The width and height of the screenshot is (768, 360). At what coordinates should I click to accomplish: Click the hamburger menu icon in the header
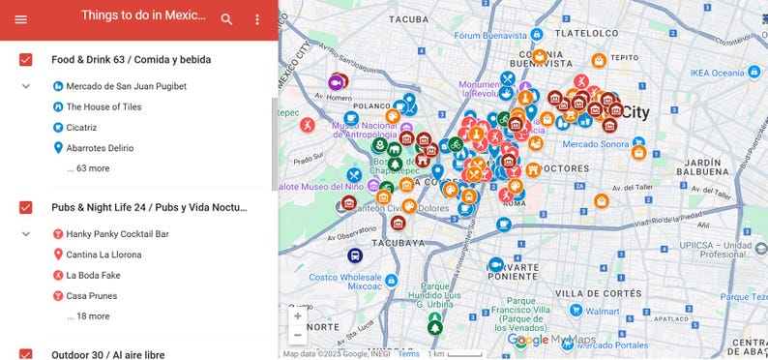click(20, 19)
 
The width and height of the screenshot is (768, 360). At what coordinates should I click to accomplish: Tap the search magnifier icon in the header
click(226, 19)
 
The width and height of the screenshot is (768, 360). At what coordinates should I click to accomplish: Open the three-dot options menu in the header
click(257, 19)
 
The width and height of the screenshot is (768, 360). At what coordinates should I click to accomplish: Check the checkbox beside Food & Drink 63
click(26, 60)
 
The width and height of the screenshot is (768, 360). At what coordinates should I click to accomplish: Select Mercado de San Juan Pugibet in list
click(126, 86)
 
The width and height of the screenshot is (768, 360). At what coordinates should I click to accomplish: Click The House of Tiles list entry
click(107, 106)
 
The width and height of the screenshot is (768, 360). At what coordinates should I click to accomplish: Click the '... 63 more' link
click(88, 168)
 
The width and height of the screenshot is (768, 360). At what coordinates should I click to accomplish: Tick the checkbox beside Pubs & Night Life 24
click(26, 207)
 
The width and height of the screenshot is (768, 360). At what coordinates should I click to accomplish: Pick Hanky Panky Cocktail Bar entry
click(117, 233)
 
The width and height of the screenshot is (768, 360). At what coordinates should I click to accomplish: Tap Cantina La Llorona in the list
click(103, 255)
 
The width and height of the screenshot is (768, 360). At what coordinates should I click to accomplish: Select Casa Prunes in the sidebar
click(90, 295)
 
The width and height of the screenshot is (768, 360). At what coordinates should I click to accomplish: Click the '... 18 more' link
click(88, 315)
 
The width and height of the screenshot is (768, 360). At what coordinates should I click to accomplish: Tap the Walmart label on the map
click(601, 312)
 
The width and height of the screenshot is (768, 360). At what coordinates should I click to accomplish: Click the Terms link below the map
click(409, 353)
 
